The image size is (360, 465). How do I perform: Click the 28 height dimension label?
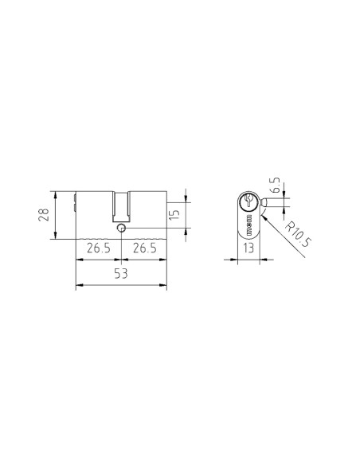coord(45,214)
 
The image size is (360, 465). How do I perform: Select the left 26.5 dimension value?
coord(97,248)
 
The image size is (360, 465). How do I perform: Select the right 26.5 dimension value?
coord(143,248)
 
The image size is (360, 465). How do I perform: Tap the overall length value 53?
coord(120,274)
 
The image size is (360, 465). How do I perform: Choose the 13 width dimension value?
coord(249,248)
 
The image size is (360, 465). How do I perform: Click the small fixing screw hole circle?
coord(120,229)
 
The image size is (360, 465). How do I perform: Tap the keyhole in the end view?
coord(249,201)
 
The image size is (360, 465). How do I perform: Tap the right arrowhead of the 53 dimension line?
coord(166,285)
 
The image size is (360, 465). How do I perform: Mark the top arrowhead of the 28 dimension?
coord(54,192)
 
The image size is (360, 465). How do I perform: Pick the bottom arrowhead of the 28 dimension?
coord(54,236)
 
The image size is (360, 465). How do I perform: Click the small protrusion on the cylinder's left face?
coord(74,209)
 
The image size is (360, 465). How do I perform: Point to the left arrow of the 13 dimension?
coord(240,260)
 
